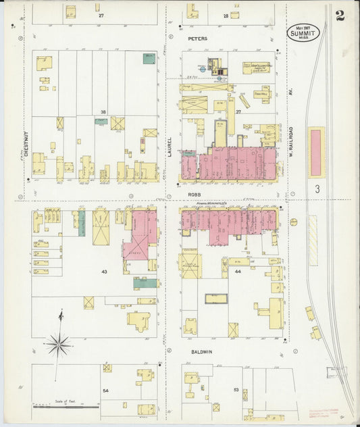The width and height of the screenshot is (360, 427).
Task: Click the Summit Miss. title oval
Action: click(305, 33)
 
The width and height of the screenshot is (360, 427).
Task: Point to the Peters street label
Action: click(198, 39)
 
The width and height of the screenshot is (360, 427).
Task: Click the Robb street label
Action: click(195, 194)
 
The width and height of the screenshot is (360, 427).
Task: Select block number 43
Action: click(104, 271)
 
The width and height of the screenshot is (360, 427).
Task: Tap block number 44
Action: click(238, 270)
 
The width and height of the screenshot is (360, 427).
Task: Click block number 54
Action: click(105, 391)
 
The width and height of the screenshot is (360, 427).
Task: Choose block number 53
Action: click(236, 390)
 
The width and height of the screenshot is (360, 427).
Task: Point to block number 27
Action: click(101, 14)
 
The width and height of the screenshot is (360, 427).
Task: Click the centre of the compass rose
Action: click(59, 345)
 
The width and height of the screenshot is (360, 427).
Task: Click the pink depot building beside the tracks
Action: click(316, 152)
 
